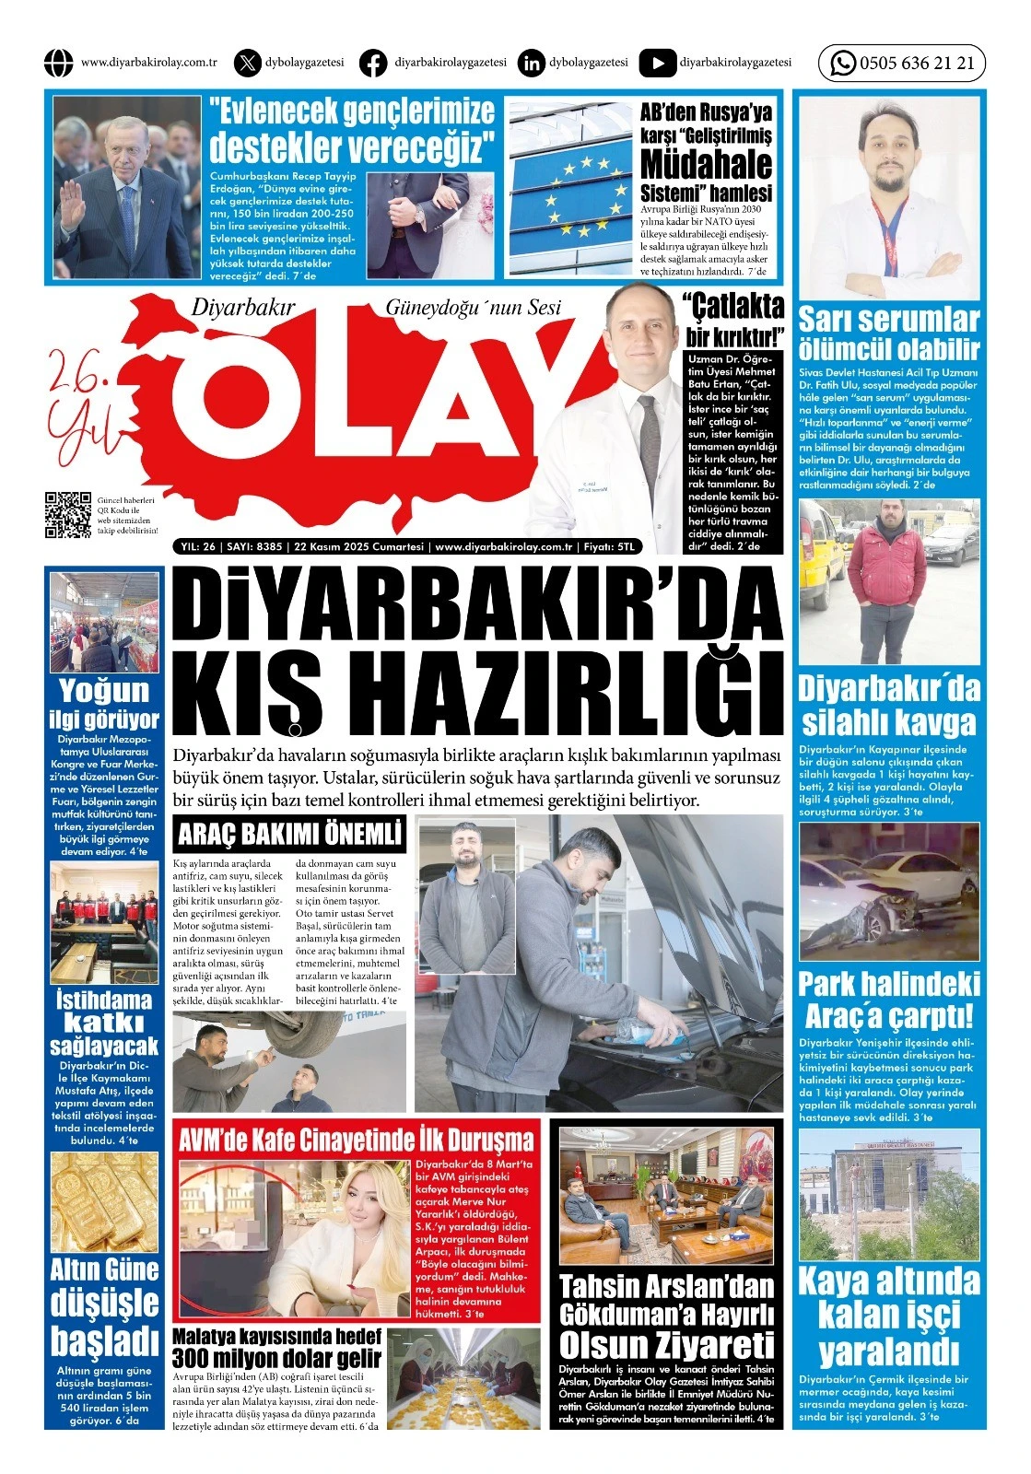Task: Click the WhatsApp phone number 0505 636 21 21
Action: [x=916, y=64]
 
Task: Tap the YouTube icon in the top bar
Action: [x=657, y=63]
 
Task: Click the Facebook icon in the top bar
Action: [x=372, y=63]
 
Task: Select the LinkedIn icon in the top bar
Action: [x=531, y=63]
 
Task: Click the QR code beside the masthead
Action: [x=67, y=515]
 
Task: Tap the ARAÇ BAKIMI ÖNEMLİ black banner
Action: [x=289, y=835]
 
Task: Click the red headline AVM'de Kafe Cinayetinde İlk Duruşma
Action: [x=357, y=1139]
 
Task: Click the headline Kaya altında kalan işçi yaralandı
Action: [x=889, y=1317]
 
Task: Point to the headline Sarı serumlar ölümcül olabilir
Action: [x=889, y=333]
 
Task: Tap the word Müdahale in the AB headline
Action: [x=706, y=165]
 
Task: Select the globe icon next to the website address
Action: [x=58, y=63]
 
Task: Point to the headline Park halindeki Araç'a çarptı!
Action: [x=889, y=1000]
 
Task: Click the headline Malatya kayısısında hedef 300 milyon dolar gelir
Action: [x=276, y=1347]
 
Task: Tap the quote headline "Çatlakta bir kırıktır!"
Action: [x=733, y=319]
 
